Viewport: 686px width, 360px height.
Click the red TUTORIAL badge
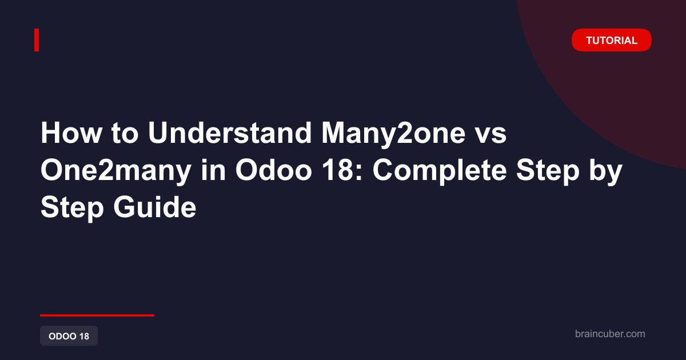pyautogui.click(x=611, y=40)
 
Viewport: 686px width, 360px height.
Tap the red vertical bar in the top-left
pyautogui.click(x=37, y=40)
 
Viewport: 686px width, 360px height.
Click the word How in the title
pyautogui.click(x=71, y=133)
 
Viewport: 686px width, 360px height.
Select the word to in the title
pyautogui.click(x=125, y=134)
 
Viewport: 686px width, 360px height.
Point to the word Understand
pyautogui.click(x=230, y=133)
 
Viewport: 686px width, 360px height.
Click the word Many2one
pyautogui.click(x=393, y=135)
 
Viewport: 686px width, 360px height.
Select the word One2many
pyautogui.click(x=116, y=172)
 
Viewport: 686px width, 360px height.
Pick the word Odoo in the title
pyautogui.click(x=273, y=170)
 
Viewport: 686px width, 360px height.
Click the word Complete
pyautogui.click(x=440, y=172)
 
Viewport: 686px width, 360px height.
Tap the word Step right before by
pyautogui.click(x=548, y=172)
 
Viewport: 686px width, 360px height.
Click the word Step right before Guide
pyautogui.click(x=72, y=209)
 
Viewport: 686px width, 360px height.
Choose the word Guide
pyautogui.click(x=155, y=207)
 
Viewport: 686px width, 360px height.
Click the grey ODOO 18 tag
pyautogui.click(x=69, y=336)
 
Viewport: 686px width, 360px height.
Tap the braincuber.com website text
pyautogui.click(x=610, y=334)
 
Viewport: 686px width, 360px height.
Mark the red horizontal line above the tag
pyautogui.click(x=97, y=315)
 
